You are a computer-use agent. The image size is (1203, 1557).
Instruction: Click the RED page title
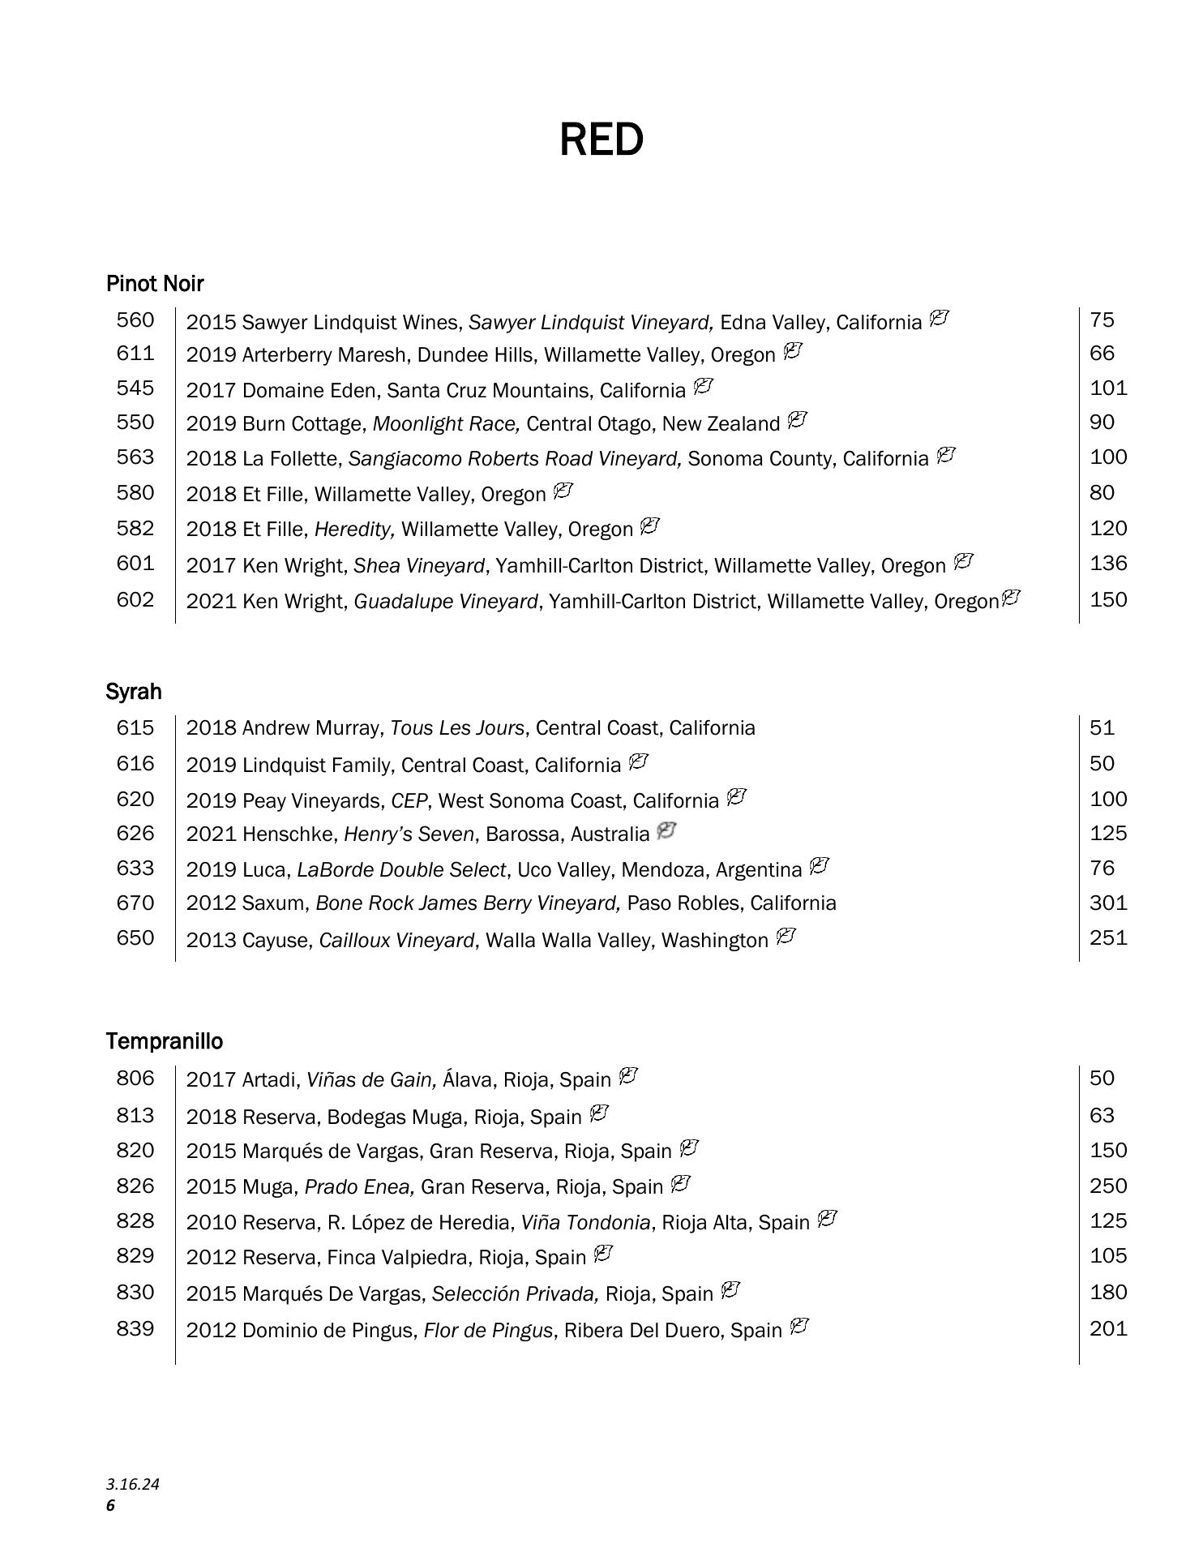[x=601, y=139]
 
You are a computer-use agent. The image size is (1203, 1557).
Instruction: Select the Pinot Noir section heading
[x=154, y=284]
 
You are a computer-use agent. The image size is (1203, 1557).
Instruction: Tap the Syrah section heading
[x=134, y=692]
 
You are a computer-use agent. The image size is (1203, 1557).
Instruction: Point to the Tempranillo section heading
[x=164, y=1041]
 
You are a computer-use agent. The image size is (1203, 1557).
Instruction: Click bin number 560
[x=135, y=320]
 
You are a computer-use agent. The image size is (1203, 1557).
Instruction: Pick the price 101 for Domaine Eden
[x=1108, y=388]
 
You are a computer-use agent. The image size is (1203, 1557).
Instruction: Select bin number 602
[x=135, y=600]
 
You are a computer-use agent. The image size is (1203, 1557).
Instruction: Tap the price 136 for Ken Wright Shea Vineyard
[x=1108, y=564]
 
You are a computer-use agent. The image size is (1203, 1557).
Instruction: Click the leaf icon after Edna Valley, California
[x=939, y=319]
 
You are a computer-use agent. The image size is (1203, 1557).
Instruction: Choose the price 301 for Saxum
[x=1108, y=903]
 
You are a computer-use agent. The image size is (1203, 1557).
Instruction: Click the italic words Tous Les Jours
[x=457, y=728]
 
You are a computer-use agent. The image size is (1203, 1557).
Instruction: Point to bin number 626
[x=135, y=834]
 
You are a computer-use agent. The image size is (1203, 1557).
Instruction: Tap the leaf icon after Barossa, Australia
[x=666, y=831]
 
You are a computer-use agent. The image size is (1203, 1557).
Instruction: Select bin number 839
[x=135, y=1329]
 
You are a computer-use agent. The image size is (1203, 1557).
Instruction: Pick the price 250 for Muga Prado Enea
[x=1108, y=1186]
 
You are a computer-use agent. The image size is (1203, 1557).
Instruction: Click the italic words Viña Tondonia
[x=585, y=1222]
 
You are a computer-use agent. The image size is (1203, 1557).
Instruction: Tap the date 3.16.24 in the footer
[x=132, y=1485]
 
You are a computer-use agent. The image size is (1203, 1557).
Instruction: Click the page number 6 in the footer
[x=111, y=1506]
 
